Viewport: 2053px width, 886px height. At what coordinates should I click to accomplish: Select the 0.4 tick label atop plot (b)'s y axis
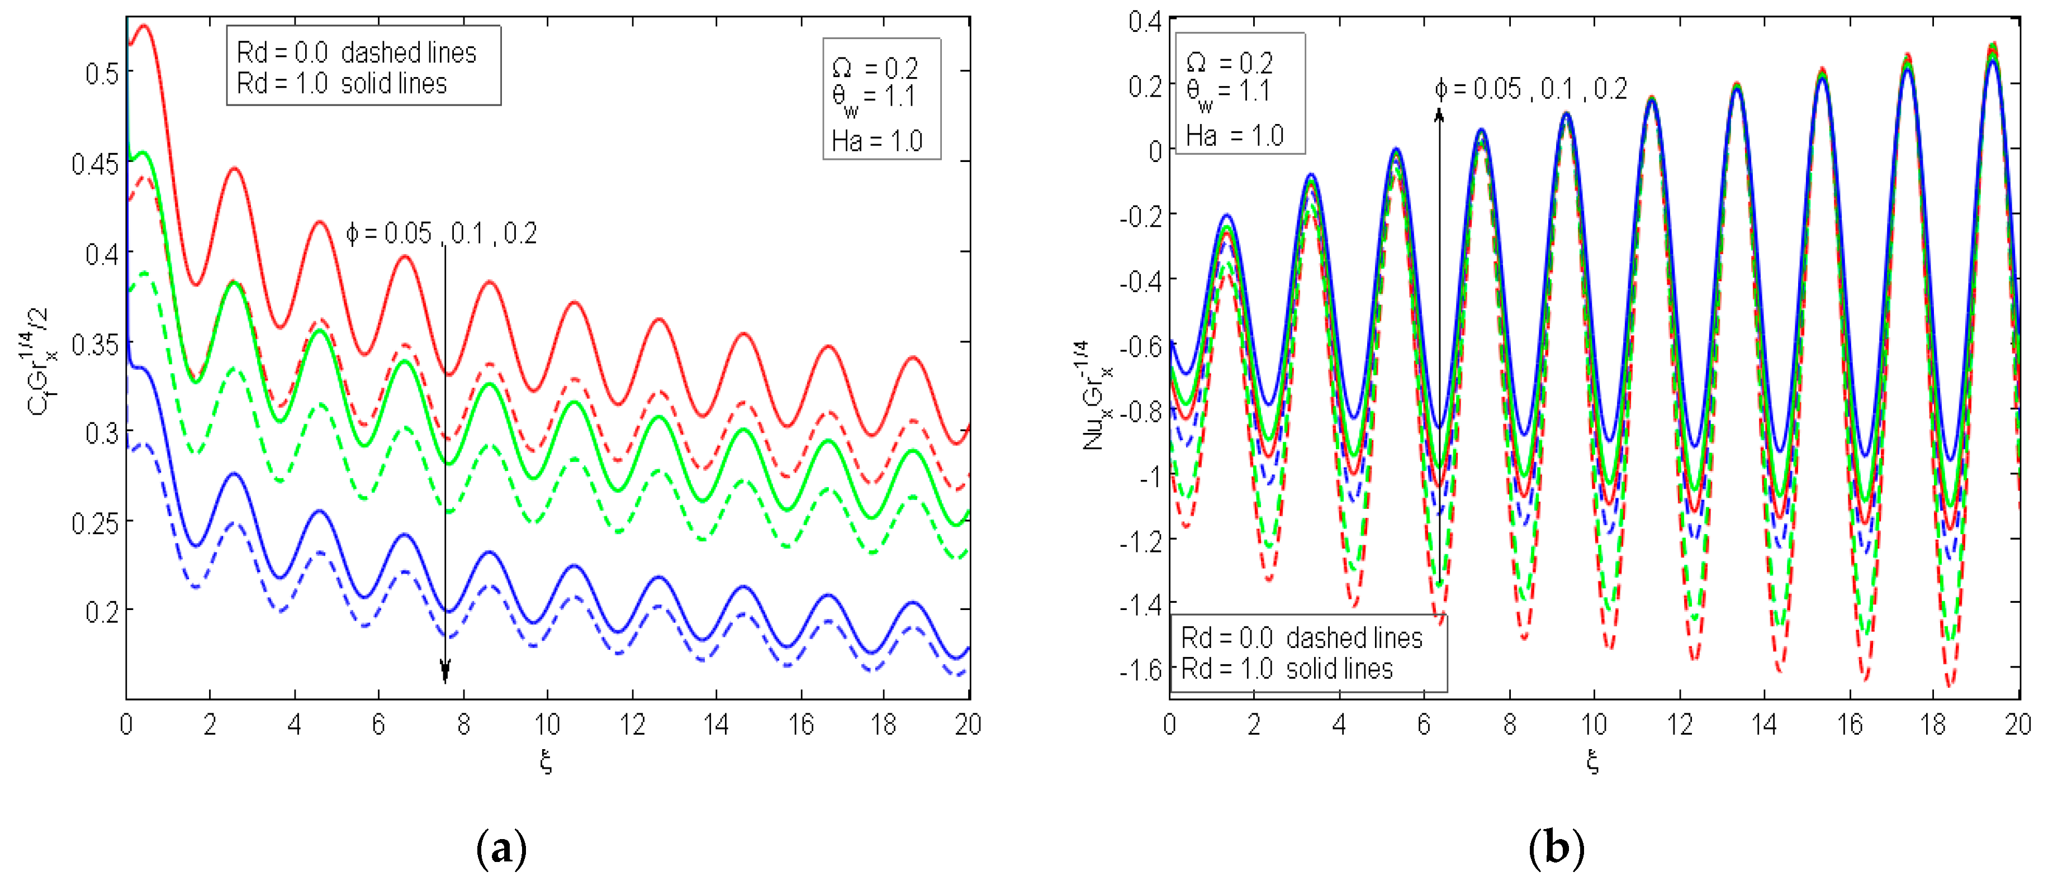click(x=1145, y=22)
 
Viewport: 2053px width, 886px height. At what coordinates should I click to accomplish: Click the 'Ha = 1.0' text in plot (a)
click(x=876, y=141)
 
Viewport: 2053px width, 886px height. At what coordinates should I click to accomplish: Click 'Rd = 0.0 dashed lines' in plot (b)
click(x=1301, y=638)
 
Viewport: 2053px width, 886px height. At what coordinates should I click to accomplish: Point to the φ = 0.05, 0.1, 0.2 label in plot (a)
click(x=442, y=234)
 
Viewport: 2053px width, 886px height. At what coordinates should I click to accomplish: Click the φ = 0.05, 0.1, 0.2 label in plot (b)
click(x=1530, y=89)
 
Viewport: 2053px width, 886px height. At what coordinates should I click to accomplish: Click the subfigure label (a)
click(x=500, y=849)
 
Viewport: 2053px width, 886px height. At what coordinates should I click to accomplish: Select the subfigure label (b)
click(x=1555, y=849)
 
